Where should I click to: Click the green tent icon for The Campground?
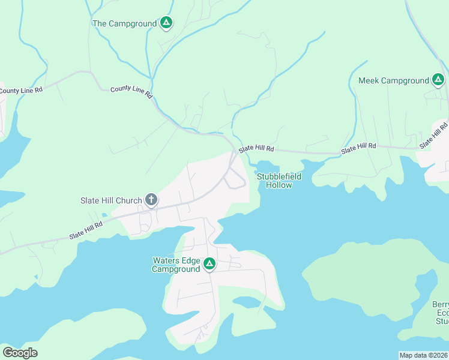pos(167,23)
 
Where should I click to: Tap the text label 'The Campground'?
pos(125,23)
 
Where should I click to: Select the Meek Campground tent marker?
pos(438,80)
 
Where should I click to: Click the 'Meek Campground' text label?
pos(394,80)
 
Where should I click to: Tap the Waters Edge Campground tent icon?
pos(209,263)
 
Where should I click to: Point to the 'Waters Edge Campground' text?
pos(176,265)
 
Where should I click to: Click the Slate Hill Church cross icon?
pos(151,200)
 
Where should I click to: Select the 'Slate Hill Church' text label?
pos(112,200)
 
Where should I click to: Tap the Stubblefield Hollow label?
pos(275,181)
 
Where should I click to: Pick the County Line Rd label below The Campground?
pos(131,92)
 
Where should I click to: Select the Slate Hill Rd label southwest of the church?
pos(86,229)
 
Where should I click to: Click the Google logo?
pos(20,352)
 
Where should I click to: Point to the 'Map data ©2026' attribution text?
pos(424,355)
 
